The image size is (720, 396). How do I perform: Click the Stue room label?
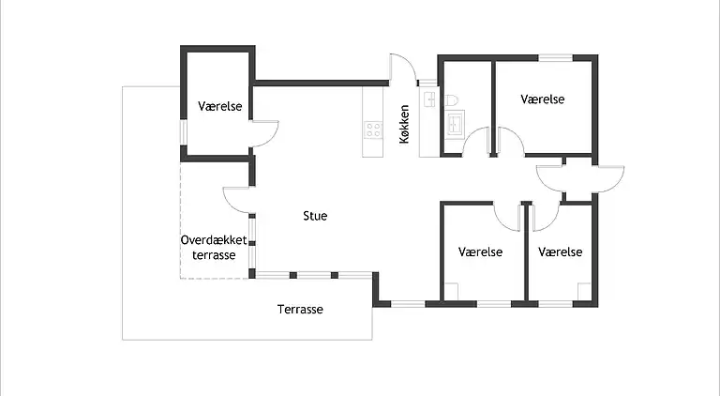click(315, 216)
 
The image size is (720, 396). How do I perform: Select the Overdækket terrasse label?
click(214, 248)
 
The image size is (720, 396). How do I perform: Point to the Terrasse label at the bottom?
click(300, 310)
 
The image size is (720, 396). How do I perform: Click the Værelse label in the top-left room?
click(220, 107)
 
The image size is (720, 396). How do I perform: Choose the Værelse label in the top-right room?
click(542, 99)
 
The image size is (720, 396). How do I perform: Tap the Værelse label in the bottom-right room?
click(561, 252)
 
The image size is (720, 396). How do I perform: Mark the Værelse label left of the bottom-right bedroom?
click(481, 252)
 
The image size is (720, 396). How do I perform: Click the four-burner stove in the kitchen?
click(373, 130)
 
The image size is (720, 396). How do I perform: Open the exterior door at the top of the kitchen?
click(404, 69)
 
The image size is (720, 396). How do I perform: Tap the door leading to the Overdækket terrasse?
click(237, 199)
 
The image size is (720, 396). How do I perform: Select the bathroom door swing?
click(479, 141)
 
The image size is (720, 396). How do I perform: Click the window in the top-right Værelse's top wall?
click(555, 58)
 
